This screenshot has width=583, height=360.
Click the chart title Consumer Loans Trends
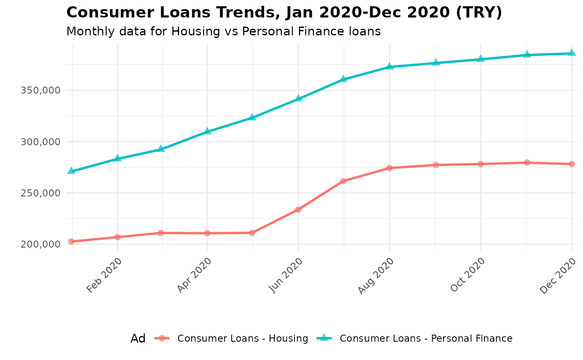coord(284,12)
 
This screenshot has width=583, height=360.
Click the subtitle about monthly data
coord(224,31)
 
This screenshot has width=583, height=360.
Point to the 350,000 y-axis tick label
coord(40,90)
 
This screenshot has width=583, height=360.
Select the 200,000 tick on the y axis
coord(40,244)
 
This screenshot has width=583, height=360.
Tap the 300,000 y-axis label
coord(40,142)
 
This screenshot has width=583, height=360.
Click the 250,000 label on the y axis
coord(40,193)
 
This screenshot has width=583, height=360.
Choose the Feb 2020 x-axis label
coord(105,275)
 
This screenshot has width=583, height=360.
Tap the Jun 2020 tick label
coord(286,275)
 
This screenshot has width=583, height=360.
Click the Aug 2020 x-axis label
coord(376,275)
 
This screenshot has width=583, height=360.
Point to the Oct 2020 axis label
coord(468,275)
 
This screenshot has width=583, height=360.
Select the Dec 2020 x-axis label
coord(558,275)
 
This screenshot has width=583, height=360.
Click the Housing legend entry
coord(243,338)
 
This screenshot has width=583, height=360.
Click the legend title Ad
coord(138,338)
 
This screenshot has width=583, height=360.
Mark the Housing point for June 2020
coord(299,209)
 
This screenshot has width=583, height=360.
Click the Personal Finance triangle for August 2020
coord(389,66)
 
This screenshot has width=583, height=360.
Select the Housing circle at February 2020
coord(117,237)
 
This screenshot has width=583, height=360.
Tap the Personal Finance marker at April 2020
coord(207,131)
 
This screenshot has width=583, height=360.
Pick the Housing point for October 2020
coord(481,164)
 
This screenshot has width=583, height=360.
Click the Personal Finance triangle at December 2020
coord(572,53)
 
